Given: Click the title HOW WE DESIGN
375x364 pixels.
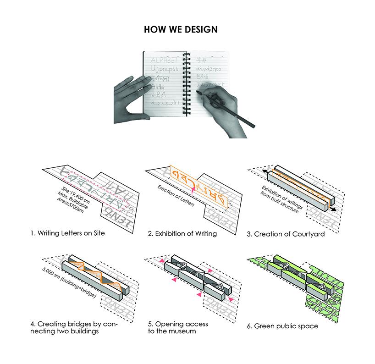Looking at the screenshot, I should [181, 30].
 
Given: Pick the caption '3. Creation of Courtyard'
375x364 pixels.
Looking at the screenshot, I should [286, 233].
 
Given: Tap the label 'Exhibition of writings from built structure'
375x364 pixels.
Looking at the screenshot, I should [281, 197].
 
